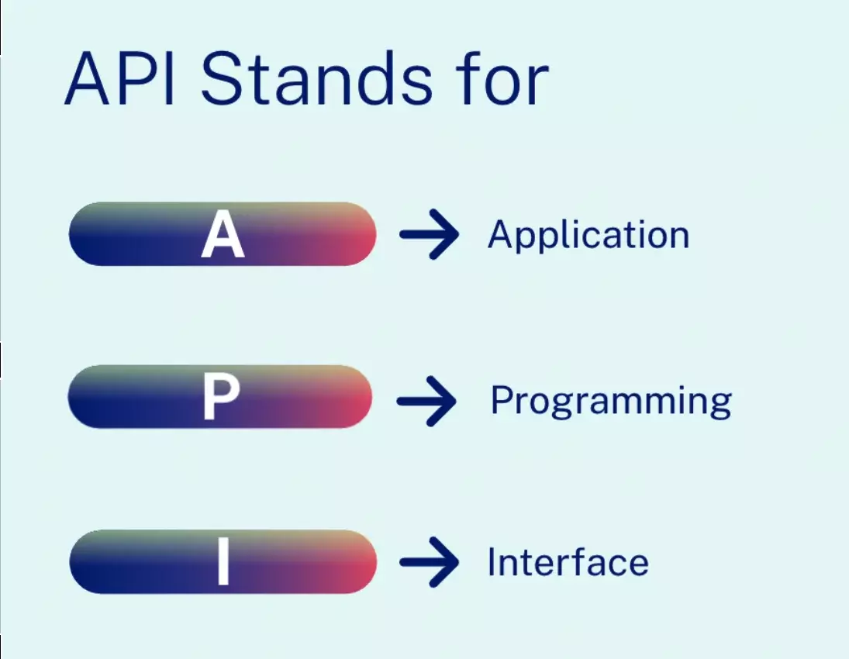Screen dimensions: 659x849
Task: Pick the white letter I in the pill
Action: click(223, 562)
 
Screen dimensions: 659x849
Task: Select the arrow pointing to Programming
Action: click(426, 401)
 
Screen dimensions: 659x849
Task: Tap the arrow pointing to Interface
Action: click(429, 562)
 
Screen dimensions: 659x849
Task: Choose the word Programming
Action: click(611, 402)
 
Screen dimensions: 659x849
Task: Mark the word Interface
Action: click(568, 562)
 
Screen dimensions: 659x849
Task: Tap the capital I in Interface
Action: click(492, 562)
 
